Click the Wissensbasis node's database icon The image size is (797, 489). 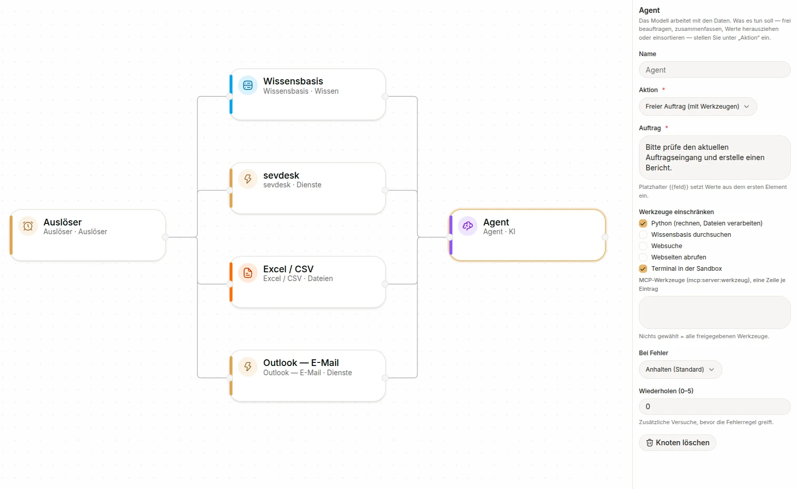[x=248, y=85]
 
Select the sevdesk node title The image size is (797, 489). [x=281, y=176]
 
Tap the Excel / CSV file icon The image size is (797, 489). [x=248, y=273]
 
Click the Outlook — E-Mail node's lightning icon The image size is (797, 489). [x=248, y=366]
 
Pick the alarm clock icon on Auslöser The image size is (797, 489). [x=28, y=226]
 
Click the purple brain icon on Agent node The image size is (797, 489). [x=467, y=226]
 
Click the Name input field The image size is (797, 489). [x=715, y=69]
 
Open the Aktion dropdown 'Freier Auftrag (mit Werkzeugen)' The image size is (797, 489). [x=698, y=107]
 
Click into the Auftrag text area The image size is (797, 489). [x=715, y=157]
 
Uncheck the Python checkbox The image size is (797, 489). [x=643, y=223]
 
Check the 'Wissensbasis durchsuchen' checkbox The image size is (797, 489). [x=643, y=235]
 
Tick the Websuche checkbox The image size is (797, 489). [x=643, y=246]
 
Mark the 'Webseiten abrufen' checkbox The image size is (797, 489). [x=643, y=257]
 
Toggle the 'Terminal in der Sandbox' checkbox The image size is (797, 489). [x=643, y=269]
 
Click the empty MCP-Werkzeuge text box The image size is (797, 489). [x=715, y=312]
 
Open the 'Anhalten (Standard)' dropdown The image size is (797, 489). [x=680, y=370]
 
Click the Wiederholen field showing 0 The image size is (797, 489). [x=715, y=407]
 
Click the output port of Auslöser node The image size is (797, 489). [x=165, y=237]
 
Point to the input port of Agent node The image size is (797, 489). [x=450, y=237]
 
